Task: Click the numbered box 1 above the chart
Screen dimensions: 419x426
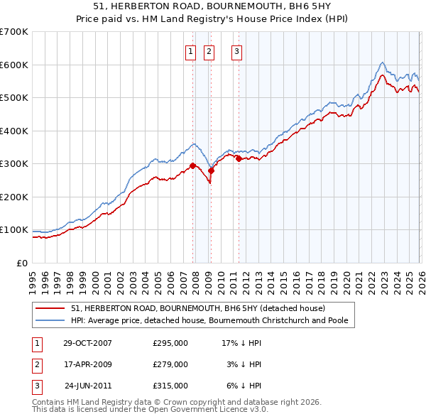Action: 192,50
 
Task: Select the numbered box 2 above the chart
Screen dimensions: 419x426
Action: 209,50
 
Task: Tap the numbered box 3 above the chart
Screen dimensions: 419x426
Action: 236,50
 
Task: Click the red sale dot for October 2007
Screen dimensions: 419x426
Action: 192,165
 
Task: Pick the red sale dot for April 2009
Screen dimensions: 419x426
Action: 211,171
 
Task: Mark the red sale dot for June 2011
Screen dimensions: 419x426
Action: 238,159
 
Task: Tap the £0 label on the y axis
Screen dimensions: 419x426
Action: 21,263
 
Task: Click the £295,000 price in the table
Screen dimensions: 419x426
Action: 170,343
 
